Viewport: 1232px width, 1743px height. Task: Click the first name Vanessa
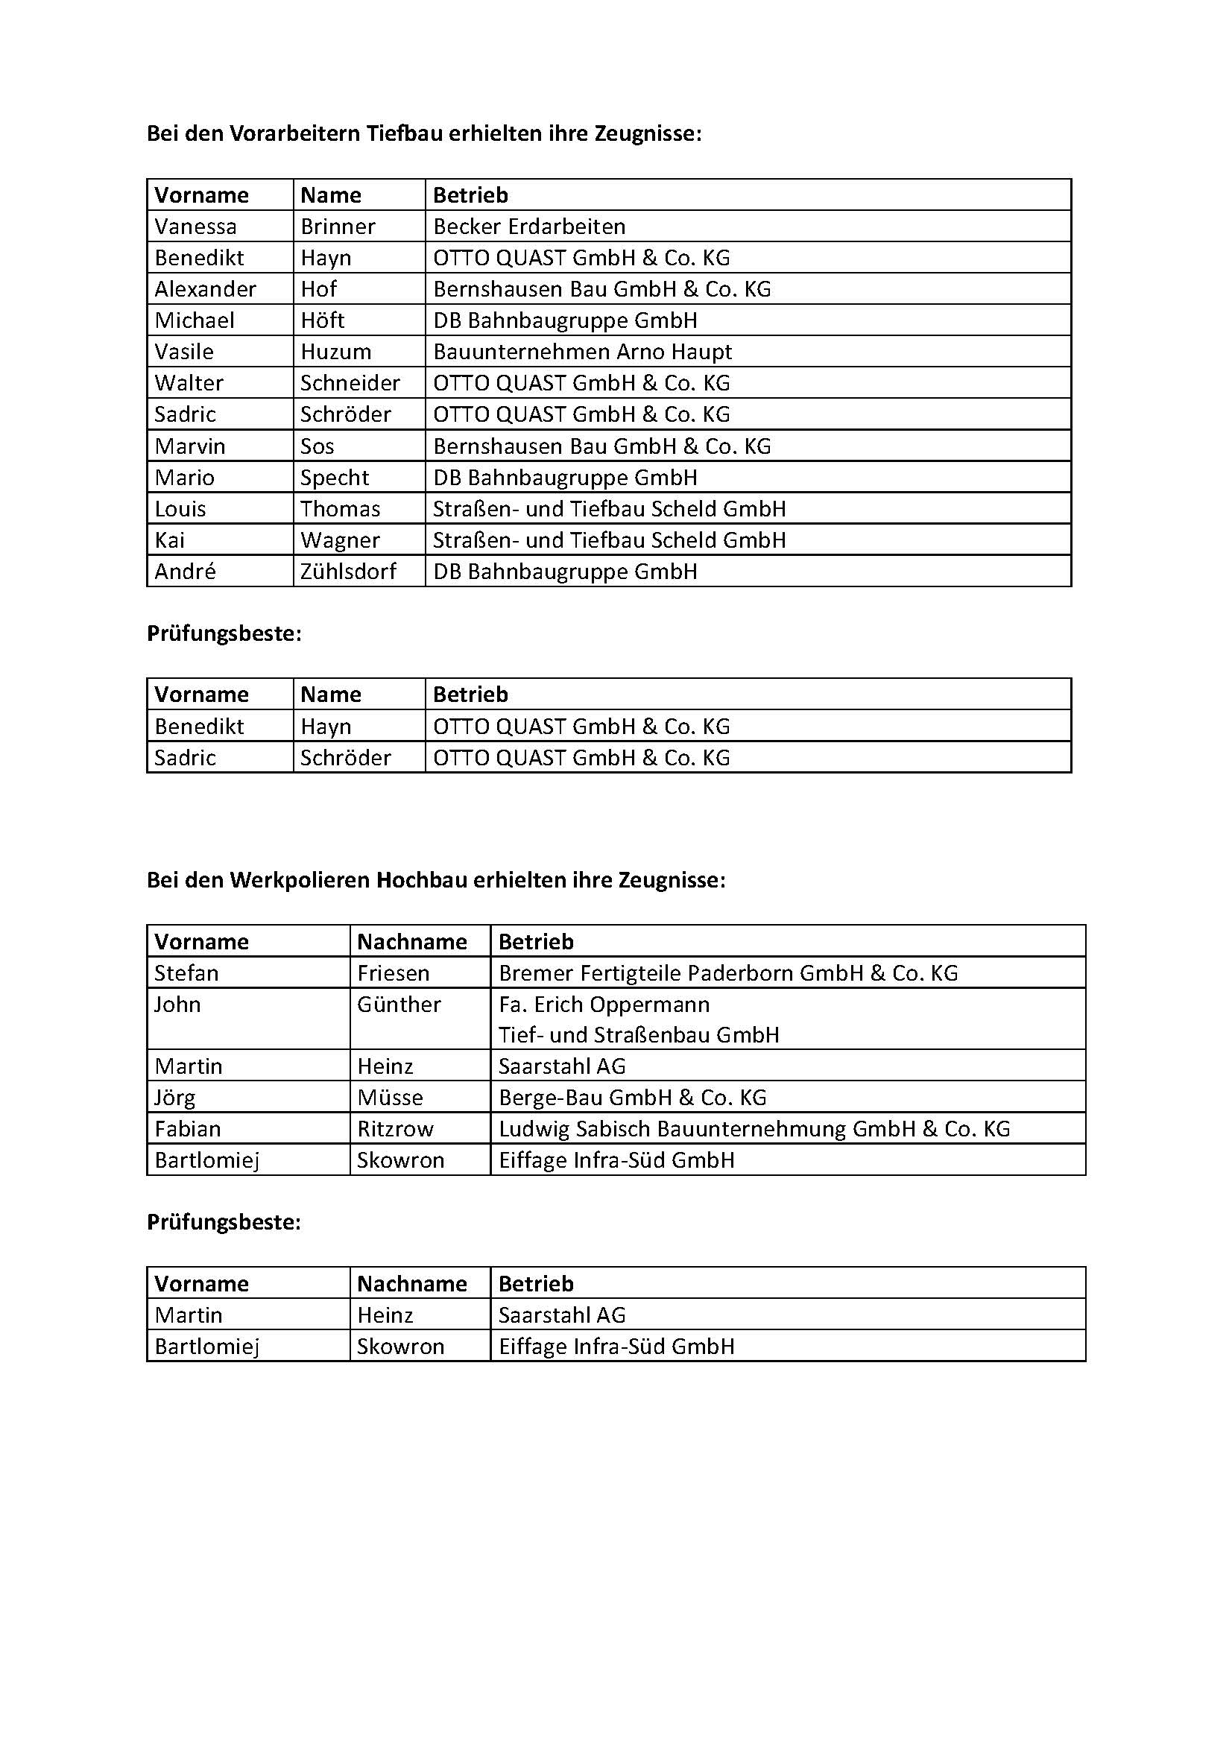[195, 227]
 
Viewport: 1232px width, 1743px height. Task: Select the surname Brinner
[338, 227]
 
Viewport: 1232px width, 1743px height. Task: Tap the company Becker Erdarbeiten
[529, 227]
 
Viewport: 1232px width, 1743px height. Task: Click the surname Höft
[322, 320]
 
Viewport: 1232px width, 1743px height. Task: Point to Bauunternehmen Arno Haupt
[582, 352]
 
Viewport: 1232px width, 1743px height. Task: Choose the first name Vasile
[183, 352]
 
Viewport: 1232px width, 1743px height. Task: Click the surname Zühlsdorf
[347, 571]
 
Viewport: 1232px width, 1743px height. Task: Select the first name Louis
[180, 509]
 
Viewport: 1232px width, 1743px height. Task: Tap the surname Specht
[334, 478]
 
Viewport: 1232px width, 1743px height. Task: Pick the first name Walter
[189, 382]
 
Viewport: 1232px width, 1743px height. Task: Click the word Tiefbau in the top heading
[405, 133]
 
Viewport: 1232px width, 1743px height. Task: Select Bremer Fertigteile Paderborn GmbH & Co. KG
[728, 972]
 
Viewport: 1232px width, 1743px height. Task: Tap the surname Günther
[399, 1005]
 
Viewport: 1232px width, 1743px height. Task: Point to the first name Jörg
[174, 1097]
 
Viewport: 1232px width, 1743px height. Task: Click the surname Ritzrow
[395, 1129]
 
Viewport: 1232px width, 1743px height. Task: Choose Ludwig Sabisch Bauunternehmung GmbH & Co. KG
[754, 1129]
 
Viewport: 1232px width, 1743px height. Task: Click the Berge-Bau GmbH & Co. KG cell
[632, 1097]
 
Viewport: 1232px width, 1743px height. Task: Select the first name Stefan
[186, 972]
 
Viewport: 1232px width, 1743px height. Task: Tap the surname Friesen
[394, 972]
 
